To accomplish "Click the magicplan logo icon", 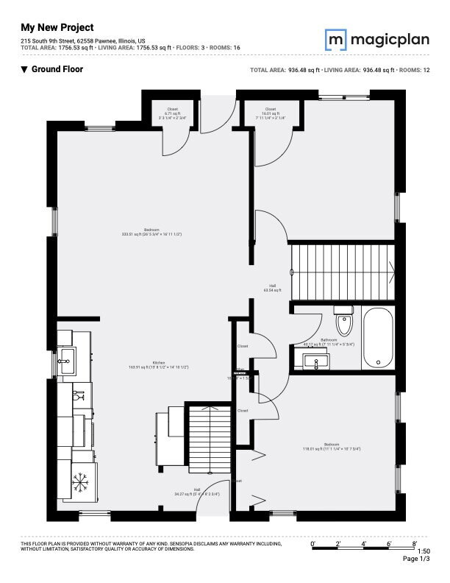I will (x=336, y=39).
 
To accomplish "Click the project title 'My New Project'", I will (x=57, y=27).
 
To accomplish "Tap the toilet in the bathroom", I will (x=343, y=323).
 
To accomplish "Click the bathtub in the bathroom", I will (x=379, y=338).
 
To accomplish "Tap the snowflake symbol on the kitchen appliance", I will (x=79, y=483).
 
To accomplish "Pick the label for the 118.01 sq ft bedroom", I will (x=331, y=446).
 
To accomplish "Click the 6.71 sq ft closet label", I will (x=172, y=113).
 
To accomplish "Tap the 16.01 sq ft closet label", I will (x=271, y=113).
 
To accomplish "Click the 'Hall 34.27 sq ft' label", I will (x=197, y=492).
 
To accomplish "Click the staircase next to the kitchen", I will (x=210, y=439).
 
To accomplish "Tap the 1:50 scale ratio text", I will (x=424, y=551).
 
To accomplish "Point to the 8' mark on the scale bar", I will (x=415, y=543).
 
